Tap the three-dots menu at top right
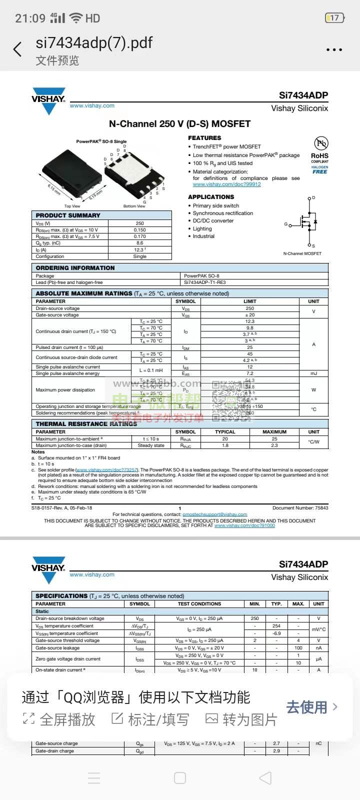click(334, 50)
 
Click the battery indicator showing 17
click(334, 18)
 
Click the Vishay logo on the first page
click(48, 100)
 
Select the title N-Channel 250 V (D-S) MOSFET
click(179, 123)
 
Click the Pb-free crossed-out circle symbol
click(320, 143)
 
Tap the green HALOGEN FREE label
click(320, 169)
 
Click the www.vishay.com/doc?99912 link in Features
click(226, 184)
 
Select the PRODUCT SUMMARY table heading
click(68, 215)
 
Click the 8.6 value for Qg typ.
click(140, 243)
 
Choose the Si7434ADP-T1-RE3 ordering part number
click(205, 282)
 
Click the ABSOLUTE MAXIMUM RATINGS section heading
click(84, 293)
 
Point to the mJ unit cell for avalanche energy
click(313, 373)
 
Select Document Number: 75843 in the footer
click(300, 507)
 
